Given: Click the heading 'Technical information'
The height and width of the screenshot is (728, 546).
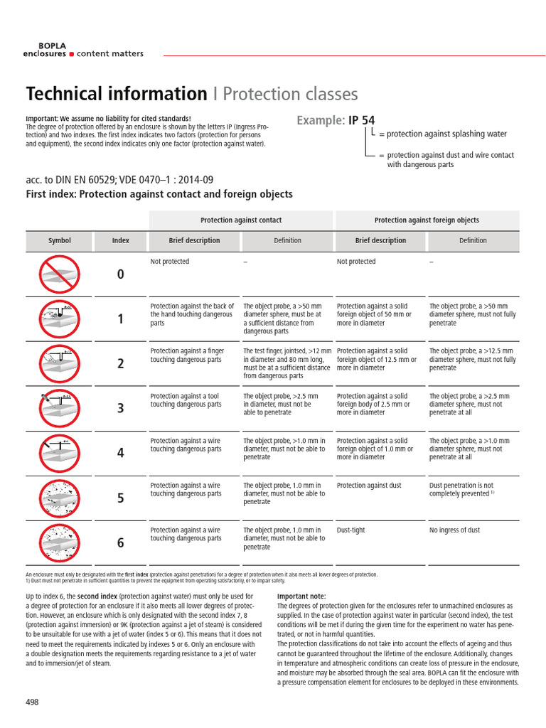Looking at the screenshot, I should point(116,94).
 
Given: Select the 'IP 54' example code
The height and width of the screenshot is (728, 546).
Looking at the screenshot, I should point(362,120).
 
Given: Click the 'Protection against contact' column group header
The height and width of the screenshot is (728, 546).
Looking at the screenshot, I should point(241,220).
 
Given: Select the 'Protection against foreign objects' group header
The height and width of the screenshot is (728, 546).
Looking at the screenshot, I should point(427,220).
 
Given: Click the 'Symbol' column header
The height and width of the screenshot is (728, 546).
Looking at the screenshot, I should point(60,240).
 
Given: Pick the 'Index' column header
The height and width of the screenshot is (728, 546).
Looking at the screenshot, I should point(121,240).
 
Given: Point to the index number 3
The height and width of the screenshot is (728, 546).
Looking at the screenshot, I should point(121,408).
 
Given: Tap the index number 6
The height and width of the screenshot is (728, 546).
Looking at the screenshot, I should point(121,542).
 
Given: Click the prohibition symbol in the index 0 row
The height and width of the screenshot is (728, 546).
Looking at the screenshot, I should point(60,274).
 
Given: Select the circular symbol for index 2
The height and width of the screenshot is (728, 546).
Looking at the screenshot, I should point(60,363).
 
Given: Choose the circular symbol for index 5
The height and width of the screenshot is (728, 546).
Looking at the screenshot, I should point(60,498).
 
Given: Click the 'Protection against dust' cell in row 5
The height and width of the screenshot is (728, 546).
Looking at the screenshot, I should point(369,486).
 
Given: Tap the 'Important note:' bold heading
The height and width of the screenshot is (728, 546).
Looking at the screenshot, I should point(301,596).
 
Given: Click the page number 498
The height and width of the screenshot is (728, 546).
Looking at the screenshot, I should point(32,702).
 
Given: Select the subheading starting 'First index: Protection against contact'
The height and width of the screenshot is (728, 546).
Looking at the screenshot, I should point(159,194).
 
